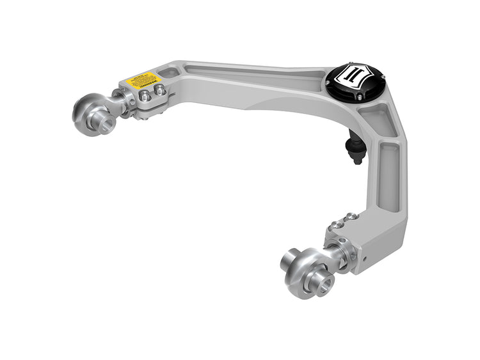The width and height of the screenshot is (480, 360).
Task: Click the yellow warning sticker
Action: [x=143, y=80]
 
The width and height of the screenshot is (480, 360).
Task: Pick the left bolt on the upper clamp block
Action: [x=145, y=96]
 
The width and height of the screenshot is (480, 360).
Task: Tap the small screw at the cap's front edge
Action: [x=360, y=97]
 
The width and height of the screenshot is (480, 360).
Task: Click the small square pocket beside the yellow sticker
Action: [x=171, y=73]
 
